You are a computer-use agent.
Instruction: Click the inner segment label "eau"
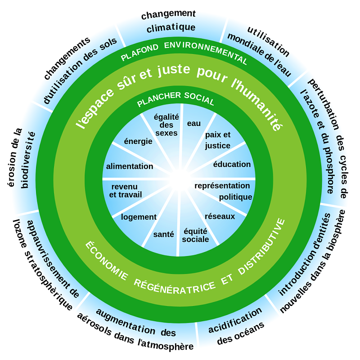coord(194,123)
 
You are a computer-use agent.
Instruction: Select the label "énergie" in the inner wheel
coord(138,141)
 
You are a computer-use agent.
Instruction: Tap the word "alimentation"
coord(130,166)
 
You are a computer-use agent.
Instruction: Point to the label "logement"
coord(139,217)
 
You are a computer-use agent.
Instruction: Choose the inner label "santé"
coord(163,234)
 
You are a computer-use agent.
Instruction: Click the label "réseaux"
coord(220,216)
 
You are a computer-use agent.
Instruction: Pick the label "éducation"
coord(232,164)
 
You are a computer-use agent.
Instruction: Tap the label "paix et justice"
coord(217,140)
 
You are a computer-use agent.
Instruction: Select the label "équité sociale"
coord(195,235)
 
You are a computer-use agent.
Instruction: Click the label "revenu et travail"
coord(126,190)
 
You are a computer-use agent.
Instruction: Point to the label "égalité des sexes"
coord(166,125)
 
